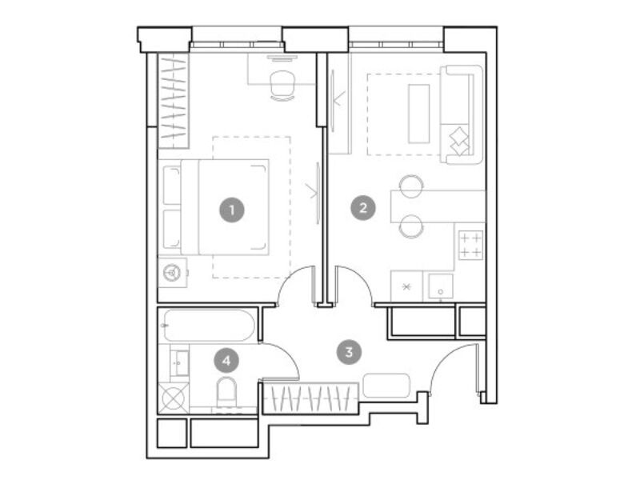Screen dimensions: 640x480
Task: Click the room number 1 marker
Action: [x=232, y=210]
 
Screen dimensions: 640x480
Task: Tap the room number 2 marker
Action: [x=363, y=208]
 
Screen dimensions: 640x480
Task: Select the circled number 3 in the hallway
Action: [x=349, y=352]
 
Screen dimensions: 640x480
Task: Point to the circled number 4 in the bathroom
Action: [x=226, y=361]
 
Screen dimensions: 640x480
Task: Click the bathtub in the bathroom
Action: [x=210, y=326]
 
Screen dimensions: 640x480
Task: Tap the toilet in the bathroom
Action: [x=226, y=392]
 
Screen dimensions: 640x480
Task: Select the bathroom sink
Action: [x=179, y=363]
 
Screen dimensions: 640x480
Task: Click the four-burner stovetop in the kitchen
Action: [x=470, y=245]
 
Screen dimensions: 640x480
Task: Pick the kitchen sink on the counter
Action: [x=441, y=286]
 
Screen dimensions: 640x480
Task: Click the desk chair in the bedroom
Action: [x=282, y=86]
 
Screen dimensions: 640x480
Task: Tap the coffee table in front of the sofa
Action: [x=418, y=114]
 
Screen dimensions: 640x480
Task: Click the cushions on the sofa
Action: [x=459, y=141]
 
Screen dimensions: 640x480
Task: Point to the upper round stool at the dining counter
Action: [x=411, y=186]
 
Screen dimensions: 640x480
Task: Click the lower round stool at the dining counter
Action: [x=411, y=226]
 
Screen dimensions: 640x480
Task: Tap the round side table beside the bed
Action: [x=172, y=272]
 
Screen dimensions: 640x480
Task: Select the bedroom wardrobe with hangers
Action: [x=174, y=101]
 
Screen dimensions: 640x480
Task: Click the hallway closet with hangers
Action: [x=310, y=396]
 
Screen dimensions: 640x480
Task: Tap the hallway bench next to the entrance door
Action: [x=386, y=386]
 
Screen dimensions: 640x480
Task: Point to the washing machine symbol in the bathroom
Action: [x=174, y=398]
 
